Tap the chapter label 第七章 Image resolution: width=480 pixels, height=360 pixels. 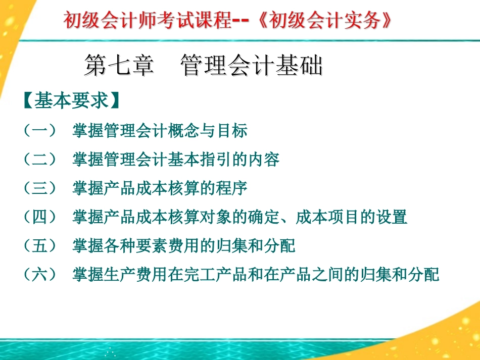119,67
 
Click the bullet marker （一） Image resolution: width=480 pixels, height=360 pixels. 40,131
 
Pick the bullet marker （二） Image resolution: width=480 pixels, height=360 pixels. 40,160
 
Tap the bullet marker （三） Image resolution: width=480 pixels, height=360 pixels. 40,188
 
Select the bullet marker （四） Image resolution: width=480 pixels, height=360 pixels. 40,217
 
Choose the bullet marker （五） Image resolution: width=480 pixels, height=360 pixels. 40,246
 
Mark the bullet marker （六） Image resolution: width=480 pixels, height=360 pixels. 40,275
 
